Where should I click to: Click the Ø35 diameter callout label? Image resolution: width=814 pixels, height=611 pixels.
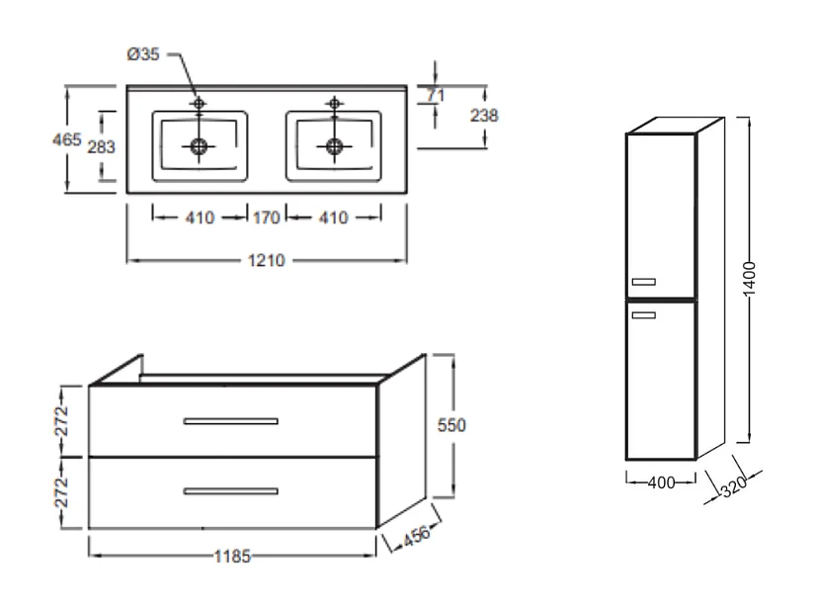(x=142, y=54)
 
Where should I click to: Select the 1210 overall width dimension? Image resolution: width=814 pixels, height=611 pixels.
(x=267, y=261)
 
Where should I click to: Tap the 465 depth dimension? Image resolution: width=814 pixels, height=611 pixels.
(x=66, y=139)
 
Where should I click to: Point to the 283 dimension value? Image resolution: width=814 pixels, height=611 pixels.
(x=101, y=146)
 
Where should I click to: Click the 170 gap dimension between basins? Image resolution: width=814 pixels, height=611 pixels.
(x=266, y=218)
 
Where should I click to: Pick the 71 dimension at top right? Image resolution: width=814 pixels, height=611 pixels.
(x=435, y=95)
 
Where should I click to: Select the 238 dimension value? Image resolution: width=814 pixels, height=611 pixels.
(x=484, y=116)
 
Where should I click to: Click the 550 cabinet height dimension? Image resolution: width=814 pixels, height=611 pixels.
(x=450, y=425)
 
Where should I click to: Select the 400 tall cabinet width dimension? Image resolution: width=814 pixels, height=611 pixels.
(x=661, y=483)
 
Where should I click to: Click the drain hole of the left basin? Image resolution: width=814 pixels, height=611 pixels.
(x=200, y=146)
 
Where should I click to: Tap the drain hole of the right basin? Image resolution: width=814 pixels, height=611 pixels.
(x=334, y=146)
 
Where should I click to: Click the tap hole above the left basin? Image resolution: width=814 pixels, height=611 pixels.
(x=200, y=103)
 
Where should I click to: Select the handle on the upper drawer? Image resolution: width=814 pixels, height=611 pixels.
(x=230, y=421)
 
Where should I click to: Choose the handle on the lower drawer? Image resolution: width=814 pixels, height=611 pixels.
(x=230, y=490)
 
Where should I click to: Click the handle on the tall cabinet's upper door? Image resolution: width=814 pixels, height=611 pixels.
(x=643, y=283)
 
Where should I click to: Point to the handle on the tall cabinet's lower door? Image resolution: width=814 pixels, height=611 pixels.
(x=643, y=315)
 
